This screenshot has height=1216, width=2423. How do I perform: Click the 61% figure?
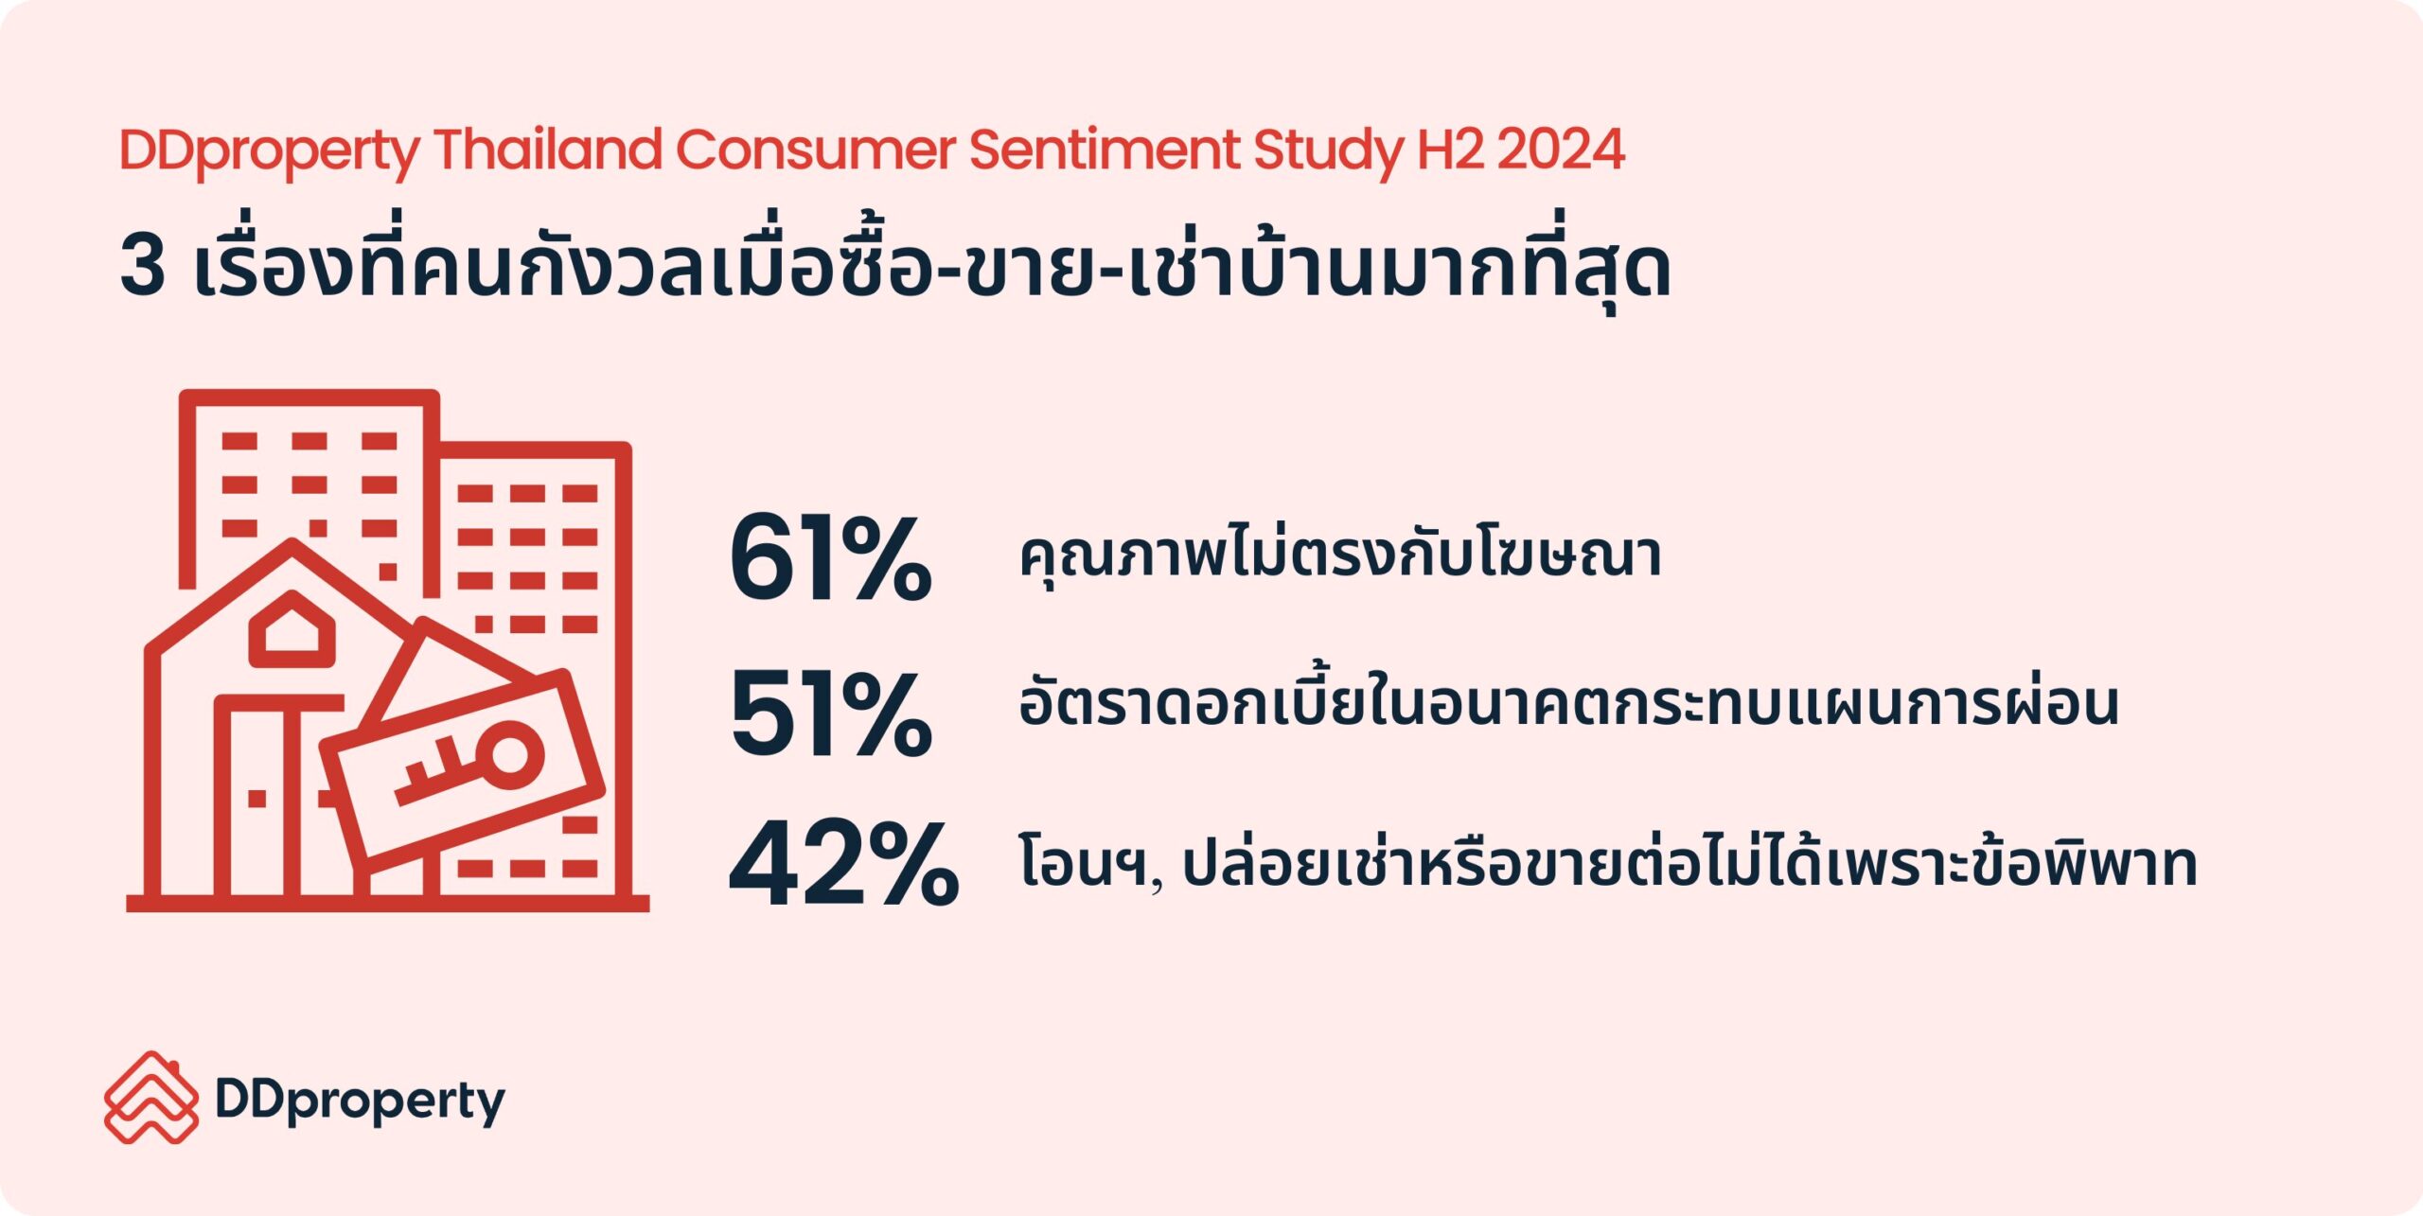(x=831, y=558)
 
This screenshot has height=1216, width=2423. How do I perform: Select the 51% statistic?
(x=831, y=714)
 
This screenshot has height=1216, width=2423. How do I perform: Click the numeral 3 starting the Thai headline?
(x=143, y=266)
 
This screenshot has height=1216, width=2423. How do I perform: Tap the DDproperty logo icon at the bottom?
(x=151, y=1097)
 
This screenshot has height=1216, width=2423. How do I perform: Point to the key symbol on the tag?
(x=469, y=765)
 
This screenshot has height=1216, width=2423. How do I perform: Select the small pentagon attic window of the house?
(x=292, y=627)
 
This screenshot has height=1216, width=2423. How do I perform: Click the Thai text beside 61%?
(x=1339, y=558)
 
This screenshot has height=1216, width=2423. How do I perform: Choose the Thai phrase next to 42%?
(x=1608, y=861)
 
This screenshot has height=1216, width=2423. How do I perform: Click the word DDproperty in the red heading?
(x=270, y=151)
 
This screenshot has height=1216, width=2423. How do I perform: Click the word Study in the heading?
(x=1329, y=151)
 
